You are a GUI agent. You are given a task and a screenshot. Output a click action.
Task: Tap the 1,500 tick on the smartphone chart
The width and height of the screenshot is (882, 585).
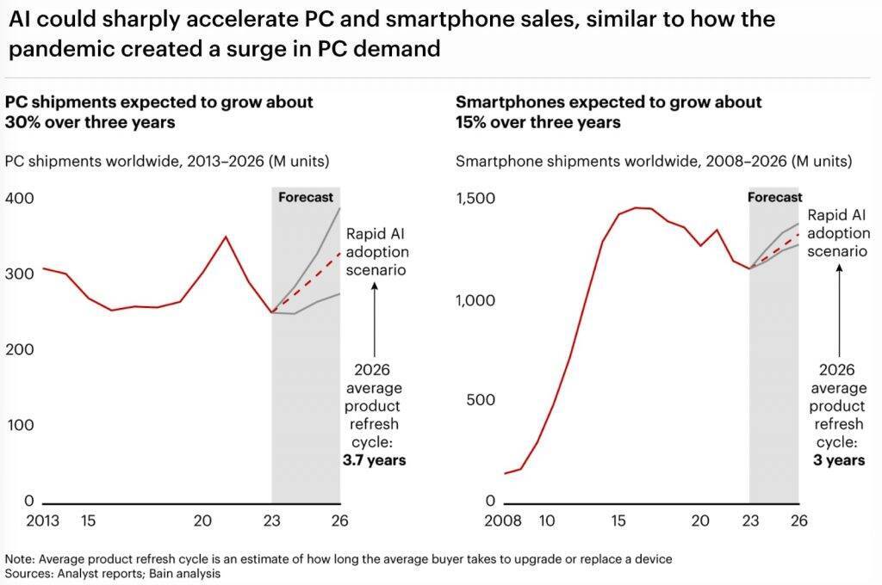(x=475, y=199)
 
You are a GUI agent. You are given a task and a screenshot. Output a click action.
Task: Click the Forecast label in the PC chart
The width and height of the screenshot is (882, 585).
(x=305, y=197)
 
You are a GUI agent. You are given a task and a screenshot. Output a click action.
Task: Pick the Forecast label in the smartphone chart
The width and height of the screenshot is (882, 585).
(x=774, y=197)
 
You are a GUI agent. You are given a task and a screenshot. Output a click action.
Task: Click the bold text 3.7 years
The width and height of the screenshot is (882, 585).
(x=376, y=460)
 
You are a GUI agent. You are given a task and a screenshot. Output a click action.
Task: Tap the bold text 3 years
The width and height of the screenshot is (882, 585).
(x=839, y=460)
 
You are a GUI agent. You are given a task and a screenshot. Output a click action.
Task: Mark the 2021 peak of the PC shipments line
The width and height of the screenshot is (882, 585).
(x=226, y=236)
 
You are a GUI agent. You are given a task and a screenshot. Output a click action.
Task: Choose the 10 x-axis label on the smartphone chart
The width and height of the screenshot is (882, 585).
(x=548, y=520)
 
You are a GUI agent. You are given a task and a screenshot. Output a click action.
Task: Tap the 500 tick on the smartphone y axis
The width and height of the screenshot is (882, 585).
(x=480, y=400)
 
